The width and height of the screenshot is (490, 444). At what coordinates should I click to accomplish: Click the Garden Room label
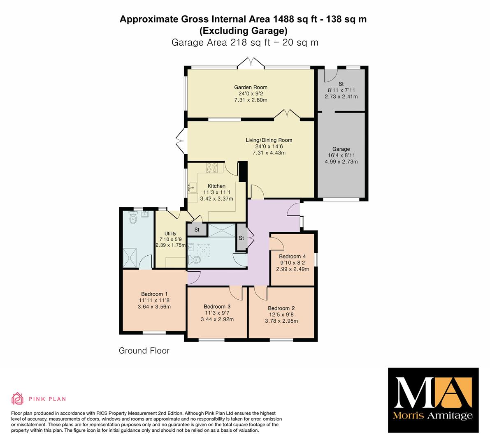251,88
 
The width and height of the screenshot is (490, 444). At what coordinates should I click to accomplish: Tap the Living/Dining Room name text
269,140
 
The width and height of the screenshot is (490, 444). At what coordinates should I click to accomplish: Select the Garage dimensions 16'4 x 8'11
341,155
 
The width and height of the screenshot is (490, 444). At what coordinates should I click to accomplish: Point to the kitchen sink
192,187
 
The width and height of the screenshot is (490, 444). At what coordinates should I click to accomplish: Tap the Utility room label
170,234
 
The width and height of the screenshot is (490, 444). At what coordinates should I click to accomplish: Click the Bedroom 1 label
154,294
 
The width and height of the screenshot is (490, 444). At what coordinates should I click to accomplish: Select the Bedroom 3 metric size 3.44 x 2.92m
217,319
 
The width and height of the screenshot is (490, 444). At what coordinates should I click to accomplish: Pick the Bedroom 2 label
281,308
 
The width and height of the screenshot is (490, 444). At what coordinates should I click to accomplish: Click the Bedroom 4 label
293,257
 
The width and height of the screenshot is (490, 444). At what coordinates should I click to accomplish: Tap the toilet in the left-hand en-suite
133,217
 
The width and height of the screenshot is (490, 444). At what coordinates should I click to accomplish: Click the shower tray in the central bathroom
222,231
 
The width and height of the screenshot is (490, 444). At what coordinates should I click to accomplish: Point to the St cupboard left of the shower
197,230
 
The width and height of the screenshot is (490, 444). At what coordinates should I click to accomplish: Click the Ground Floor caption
144,351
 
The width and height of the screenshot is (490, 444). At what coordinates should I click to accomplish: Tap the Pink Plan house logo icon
18,398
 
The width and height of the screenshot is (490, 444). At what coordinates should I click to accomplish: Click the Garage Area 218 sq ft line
245,42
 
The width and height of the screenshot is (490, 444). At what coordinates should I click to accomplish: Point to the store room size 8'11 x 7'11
341,90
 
